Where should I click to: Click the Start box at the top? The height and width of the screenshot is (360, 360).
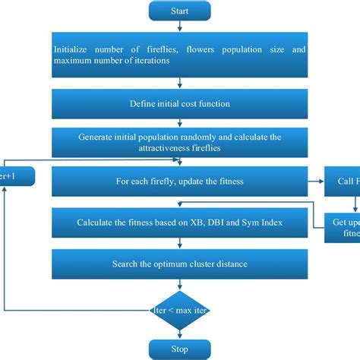coord(179,12)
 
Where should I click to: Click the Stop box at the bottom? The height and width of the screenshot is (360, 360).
coord(179,349)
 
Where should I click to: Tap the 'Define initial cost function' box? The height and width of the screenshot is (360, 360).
coord(179,103)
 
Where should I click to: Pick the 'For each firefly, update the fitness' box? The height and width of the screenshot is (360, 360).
coord(179,182)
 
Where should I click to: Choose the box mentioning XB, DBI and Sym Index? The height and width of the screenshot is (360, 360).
coord(179,223)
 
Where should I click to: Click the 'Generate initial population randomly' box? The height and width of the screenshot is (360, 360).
coord(179,143)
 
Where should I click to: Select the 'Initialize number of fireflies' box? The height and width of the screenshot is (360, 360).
coord(179,55)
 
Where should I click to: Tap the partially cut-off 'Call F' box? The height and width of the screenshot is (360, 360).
coord(343,182)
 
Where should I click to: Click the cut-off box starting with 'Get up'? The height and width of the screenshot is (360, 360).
coord(343,226)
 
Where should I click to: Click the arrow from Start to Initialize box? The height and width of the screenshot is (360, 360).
coord(179,28)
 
